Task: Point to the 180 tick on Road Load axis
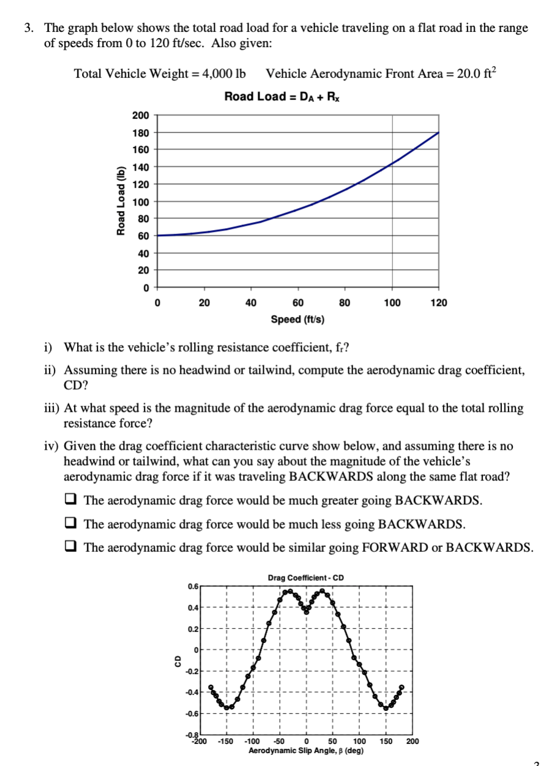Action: (140, 132)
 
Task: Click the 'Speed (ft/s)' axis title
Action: (298, 319)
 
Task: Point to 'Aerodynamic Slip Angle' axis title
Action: (305, 749)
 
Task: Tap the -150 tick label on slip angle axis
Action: (226, 742)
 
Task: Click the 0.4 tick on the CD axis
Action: (192, 608)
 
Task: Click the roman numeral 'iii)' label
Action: (50, 408)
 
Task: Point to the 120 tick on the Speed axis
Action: (439, 303)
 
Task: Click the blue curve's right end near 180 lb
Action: (438, 133)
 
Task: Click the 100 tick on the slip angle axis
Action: (359, 742)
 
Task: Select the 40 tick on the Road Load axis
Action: (143, 253)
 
